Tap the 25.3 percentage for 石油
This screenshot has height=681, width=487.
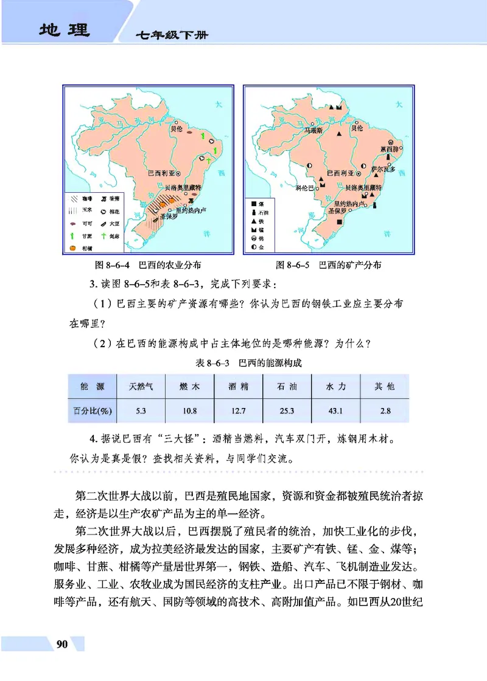coord(287,411)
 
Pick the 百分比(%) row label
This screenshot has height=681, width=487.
coord(91,411)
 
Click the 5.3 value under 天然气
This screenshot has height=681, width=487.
coord(141,411)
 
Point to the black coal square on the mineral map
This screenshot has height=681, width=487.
coord(339,222)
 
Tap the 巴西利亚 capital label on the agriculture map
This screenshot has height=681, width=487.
coord(162,172)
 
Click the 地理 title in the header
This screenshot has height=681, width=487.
coord(63,29)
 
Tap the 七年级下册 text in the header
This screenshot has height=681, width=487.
coord(172,36)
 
